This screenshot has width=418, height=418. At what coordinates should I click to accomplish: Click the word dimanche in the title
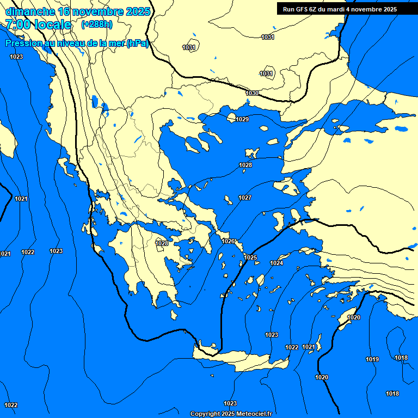click(x=29, y=11)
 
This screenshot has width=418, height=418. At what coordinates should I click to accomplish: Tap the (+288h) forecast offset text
click(x=97, y=24)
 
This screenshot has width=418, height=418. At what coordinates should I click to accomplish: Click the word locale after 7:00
click(x=53, y=24)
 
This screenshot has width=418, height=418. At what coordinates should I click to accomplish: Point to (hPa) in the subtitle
click(x=137, y=44)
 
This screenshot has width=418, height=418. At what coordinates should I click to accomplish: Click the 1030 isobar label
click(x=252, y=94)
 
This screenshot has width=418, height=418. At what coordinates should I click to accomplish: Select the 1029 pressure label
click(x=242, y=119)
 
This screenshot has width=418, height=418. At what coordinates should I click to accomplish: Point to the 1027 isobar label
click(x=245, y=198)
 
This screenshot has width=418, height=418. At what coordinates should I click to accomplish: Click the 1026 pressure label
click(x=228, y=241)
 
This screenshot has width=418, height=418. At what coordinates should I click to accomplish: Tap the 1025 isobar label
click(x=250, y=257)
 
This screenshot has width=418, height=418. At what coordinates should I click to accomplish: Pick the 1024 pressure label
click(x=276, y=263)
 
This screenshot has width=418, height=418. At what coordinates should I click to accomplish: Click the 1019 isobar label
click(x=372, y=359)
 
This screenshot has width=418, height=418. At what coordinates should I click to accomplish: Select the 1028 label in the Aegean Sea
click(x=245, y=165)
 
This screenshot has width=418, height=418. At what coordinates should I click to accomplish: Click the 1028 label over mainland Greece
click(x=162, y=243)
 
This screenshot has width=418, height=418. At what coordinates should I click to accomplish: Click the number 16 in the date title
click(x=64, y=11)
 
